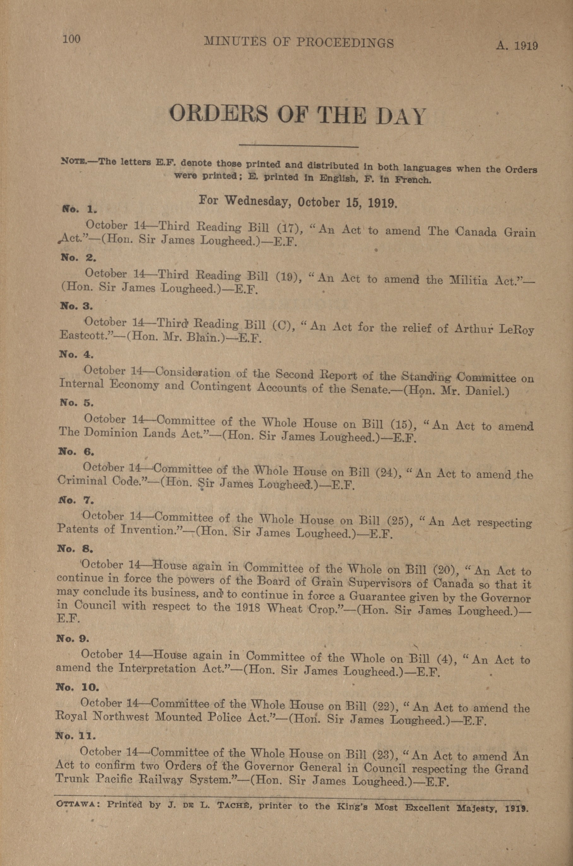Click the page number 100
pyautogui.click(x=71, y=39)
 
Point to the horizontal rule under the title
pyautogui.click(x=298, y=147)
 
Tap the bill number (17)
pyautogui.click(x=289, y=229)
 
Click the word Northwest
pyautogui.click(x=121, y=717)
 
